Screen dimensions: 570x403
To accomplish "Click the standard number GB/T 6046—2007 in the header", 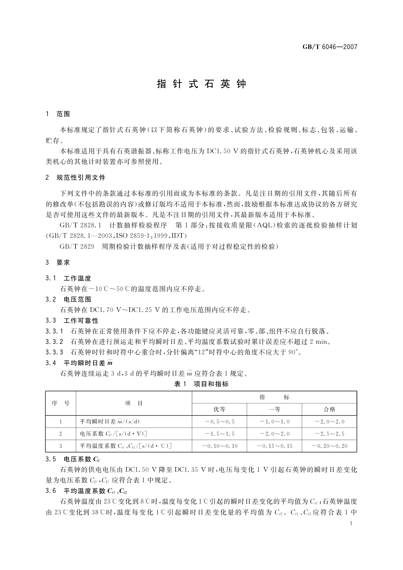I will [x=330, y=47].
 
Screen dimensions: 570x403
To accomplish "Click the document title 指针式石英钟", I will [x=202, y=84].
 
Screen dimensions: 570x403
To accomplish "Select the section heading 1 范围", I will [x=58, y=114].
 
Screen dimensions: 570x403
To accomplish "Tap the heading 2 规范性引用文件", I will [x=76, y=177].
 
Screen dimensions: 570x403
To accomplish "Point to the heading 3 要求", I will [x=58, y=262].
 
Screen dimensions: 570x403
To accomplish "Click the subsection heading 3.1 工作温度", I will [x=69, y=278].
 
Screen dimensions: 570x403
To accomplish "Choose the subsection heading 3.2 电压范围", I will [x=69, y=299].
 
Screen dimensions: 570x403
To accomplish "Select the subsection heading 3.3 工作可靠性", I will [x=72, y=320].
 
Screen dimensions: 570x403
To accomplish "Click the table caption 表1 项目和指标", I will [x=201, y=384].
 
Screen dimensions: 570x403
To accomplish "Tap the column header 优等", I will [x=219, y=409].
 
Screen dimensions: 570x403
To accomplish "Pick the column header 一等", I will [x=274, y=409].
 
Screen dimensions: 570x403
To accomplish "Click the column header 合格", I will [x=329, y=409].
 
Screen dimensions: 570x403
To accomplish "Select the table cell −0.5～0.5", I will [x=219, y=422].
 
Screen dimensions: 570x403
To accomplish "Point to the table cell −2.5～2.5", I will [x=329, y=434].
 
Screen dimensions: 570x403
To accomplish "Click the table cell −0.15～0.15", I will [x=274, y=446].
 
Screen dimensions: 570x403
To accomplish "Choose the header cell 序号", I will [x=61, y=403].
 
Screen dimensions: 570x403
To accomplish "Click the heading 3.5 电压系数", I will [x=73, y=459].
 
